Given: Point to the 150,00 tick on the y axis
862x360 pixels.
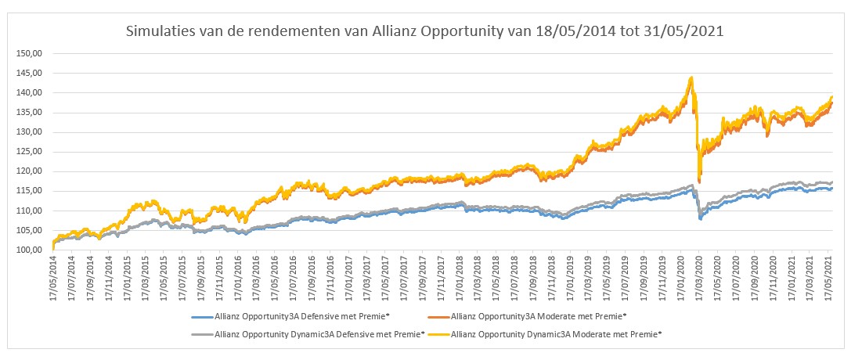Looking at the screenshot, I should click(x=28, y=53).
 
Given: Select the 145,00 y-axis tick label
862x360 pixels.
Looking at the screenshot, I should click(x=28, y=73).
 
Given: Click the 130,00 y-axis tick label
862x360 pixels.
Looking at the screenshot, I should click(x=28, y=132).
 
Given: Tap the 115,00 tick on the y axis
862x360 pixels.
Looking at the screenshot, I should click(x=28, y=191).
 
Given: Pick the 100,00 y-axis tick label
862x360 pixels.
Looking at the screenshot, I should click(x=28, y=250).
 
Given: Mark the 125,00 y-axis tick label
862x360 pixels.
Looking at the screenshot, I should click(x=28, y=152).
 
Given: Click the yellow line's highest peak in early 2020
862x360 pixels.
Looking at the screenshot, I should click(x=691, y=77).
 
